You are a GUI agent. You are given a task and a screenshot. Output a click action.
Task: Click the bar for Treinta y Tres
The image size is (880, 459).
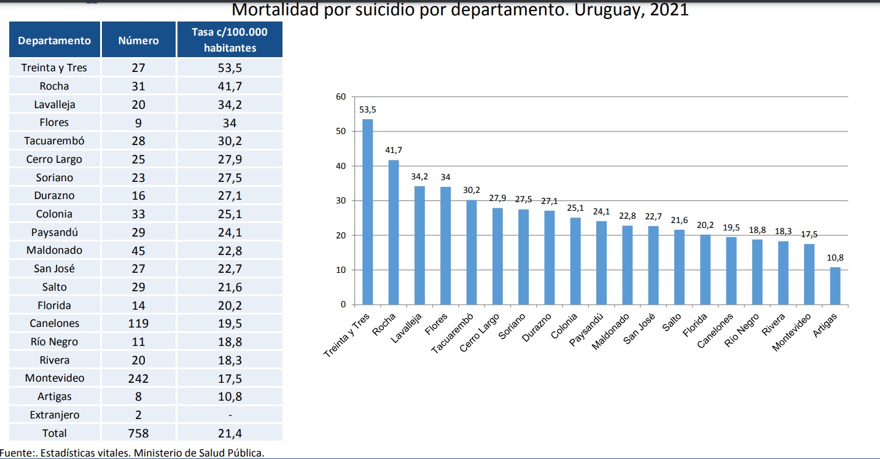pos(367,211)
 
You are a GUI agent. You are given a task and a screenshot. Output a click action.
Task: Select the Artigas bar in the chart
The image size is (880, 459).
pos(835,286)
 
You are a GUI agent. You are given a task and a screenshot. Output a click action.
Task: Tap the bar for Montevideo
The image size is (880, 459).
pos(809,274)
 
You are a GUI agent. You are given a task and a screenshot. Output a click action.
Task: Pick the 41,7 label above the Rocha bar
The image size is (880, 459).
pos(394,150)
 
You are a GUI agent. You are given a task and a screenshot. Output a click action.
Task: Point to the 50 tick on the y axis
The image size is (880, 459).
pos(341,131)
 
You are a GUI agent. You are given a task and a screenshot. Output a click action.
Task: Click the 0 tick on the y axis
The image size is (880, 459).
pos(344,305)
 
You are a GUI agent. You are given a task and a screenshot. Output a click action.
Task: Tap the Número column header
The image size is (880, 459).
pos(138,41)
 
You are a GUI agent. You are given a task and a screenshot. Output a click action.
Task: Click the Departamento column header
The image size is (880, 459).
pos(55,41)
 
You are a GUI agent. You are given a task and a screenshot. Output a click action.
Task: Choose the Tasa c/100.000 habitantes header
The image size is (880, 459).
pos(230,40)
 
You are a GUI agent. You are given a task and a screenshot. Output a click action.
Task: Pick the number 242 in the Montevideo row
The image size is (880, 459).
pos(138,379)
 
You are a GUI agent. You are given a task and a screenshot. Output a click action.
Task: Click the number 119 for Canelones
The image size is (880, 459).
pos(138,323)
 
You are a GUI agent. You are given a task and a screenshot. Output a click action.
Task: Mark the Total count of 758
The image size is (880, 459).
pos(138,433)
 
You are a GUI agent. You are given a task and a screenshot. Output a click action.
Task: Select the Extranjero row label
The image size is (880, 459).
pos(55,415)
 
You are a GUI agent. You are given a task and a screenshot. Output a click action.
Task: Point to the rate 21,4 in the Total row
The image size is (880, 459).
pos(230,433)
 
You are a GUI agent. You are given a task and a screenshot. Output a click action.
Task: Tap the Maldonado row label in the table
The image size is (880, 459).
pos(55,250)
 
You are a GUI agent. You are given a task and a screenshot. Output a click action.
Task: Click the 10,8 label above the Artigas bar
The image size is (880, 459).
pos(835,258)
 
